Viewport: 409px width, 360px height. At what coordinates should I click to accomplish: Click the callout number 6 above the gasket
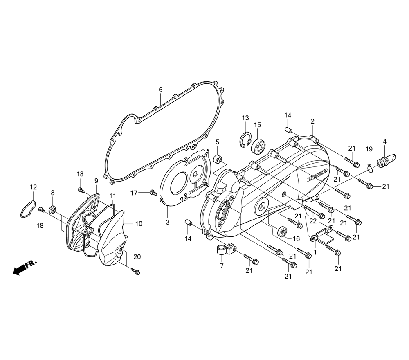tap(161, 90)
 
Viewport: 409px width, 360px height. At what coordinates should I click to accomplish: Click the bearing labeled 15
tap(258, 146)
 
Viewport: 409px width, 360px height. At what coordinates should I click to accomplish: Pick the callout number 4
tap(384, 142)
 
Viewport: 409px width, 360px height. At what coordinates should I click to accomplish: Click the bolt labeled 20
tap(137, 271)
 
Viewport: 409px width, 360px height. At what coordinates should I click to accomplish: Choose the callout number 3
tap(167, 222)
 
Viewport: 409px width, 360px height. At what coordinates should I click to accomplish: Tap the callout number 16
tap(297, 239)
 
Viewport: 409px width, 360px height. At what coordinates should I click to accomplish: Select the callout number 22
tap(313, 221)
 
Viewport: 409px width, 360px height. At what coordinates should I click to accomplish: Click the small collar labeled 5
tap(218, 159)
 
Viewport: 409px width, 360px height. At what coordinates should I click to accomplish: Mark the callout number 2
tap(312, 122)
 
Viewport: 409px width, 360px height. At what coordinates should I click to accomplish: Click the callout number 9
tap(96, 180)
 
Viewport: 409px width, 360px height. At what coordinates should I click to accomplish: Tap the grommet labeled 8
tap(52, 210)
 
